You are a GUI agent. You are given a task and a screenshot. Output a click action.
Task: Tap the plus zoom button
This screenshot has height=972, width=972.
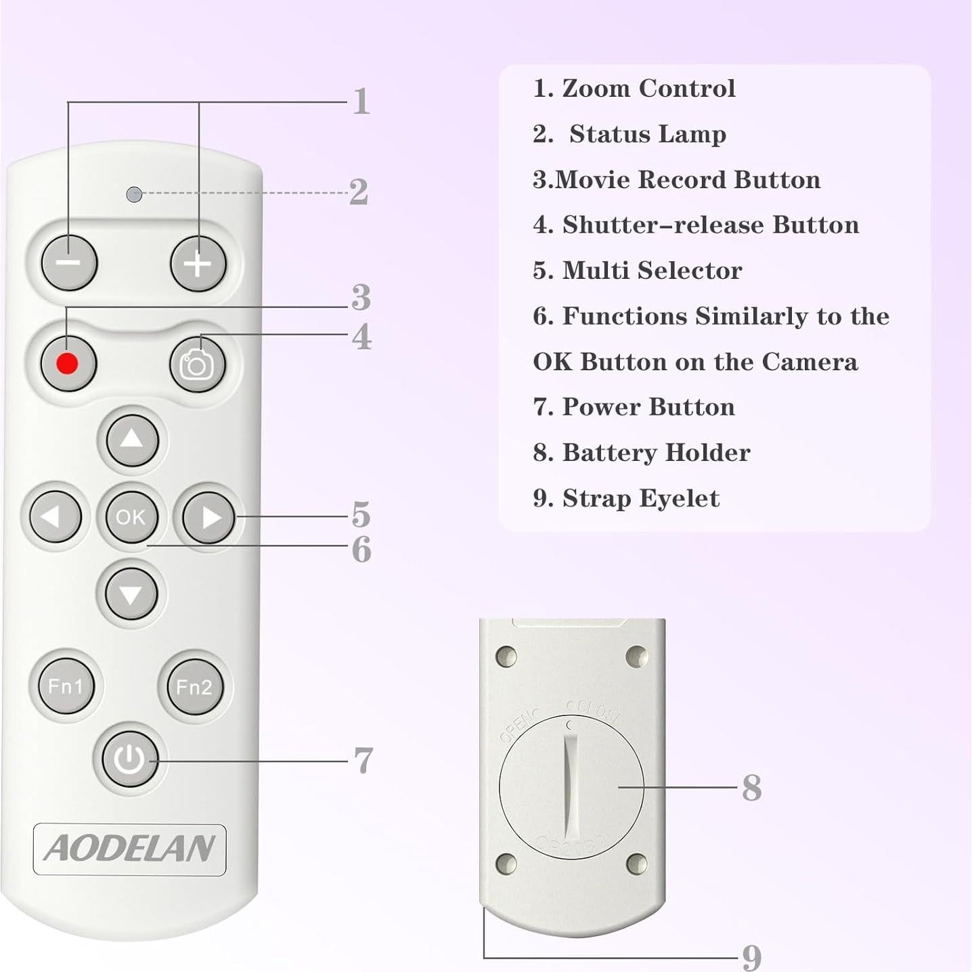click(x=198, y=263)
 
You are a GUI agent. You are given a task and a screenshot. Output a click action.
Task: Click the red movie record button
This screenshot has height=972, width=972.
click(x=68, y=363)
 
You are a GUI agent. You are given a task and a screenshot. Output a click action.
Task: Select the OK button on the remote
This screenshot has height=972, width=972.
click(x=131, y=517)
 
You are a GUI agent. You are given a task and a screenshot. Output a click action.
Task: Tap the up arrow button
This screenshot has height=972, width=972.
click(x=131, y=441)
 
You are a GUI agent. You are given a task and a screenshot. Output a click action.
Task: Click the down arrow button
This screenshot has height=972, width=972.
click(x=131, y=594)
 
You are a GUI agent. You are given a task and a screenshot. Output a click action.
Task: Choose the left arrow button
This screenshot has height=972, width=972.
click(x=54, y=517)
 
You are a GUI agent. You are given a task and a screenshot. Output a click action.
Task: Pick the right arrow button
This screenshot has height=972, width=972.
click(x=209, y=518)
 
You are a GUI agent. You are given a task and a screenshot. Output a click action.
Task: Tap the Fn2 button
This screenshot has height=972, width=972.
click(x=194, y=687)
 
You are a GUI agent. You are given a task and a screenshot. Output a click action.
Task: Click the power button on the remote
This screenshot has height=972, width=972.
click(x=129, y=759)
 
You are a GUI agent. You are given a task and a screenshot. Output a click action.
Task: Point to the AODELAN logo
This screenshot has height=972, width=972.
click(x=129, y=849)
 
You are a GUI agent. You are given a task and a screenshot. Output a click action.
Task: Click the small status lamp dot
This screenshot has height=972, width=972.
click(x=134, y=194)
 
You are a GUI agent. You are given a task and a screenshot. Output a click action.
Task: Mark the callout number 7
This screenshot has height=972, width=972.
click(x=363, y=761)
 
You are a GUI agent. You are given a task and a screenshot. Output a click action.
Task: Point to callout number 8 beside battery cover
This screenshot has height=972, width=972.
click(x=751, y=788)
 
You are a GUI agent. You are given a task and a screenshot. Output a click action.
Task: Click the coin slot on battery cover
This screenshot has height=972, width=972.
click(x=571, y=785)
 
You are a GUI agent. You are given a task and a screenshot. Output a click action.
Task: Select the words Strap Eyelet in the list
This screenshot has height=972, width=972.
click(x=640, y=498)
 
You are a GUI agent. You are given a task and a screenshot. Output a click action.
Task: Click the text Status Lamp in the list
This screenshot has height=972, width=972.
click(x=647, y=134)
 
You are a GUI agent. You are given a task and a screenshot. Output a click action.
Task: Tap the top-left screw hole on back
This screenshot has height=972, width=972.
click(x=506, y=656)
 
